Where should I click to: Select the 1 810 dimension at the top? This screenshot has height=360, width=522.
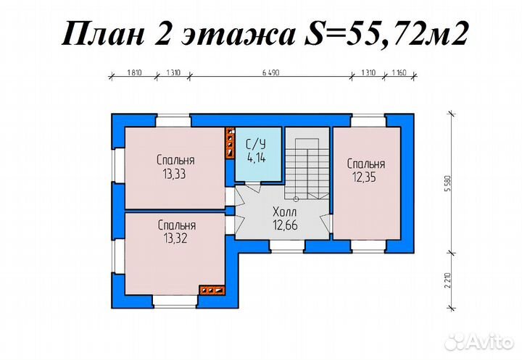coord(133,74)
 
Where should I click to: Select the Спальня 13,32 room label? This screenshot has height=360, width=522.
coord(176,232)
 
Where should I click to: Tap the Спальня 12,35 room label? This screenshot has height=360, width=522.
coord(365,169)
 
